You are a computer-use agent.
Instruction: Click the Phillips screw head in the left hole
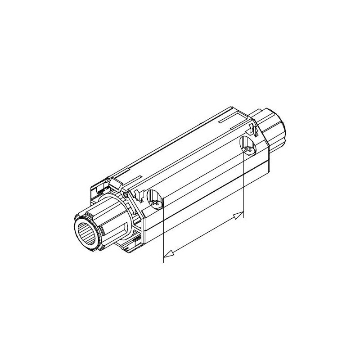tap(156, 204)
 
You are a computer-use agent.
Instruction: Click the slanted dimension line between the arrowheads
tap(202, 236)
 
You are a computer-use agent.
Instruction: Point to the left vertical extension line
tap(162, 234)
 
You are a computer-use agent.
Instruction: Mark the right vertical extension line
tap(243, 184)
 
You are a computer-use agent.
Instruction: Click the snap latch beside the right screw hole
tap(253, 130)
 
